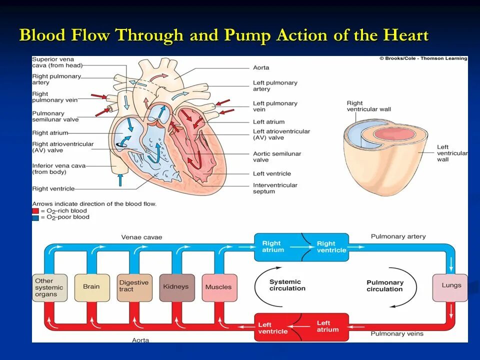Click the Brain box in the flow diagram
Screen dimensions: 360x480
(91, 287)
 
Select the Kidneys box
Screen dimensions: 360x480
(176, 287)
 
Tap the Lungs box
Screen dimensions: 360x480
(451, 286)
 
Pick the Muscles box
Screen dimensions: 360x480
(218, 287)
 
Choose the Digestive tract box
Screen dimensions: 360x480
(134, 286)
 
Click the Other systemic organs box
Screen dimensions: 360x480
(49, 287)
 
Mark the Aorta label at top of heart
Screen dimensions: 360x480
(261, 68)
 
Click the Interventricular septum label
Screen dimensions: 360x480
(275, 188)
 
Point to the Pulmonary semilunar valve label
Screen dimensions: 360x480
(55, 116)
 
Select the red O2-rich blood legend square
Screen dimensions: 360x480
(35, 211)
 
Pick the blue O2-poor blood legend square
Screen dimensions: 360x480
(35, 217)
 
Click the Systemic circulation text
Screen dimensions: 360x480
(287, 285)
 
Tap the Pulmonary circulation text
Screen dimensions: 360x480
(384, 286)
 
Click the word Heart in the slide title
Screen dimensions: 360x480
(405, 35)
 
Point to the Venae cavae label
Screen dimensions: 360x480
(141, 237)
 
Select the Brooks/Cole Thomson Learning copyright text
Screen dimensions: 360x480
(423, 58)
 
